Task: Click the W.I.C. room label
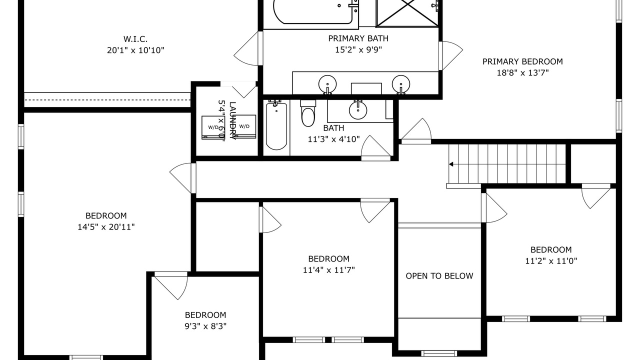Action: coord(135,39)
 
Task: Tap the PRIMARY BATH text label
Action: coord(358,38)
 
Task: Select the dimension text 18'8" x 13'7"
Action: coord(522,73)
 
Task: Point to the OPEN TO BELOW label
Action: coord(439,276)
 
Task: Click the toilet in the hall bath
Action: coord(308,113)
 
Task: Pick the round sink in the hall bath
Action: coord(358,110)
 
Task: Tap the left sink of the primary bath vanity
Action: coord(327,84)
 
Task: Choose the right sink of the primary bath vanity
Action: coord(401,84)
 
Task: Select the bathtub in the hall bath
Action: coord(276,126)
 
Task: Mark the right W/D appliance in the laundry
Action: coord(244,127)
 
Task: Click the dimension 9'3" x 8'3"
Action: coord(205,326)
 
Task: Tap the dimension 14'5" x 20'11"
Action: coord(106,227)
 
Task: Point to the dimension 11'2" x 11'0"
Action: coord(551,261)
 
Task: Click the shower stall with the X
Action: coord(407,13)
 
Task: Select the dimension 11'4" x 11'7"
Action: coord(329,270)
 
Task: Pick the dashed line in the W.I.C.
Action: coord(107,99)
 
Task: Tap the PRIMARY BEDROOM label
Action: coord(522,61)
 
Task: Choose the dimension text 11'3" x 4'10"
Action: coord(333,139)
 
